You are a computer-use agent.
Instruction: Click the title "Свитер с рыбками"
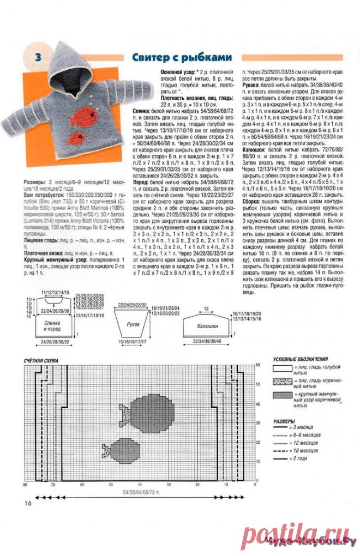(182, 57)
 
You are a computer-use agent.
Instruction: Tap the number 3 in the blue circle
(39, 57)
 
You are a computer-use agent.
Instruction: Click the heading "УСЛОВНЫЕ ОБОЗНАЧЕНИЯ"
(300, 360)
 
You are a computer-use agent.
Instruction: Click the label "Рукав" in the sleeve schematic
(133, 324)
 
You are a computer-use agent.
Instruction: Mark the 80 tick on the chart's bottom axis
(25, 484)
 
